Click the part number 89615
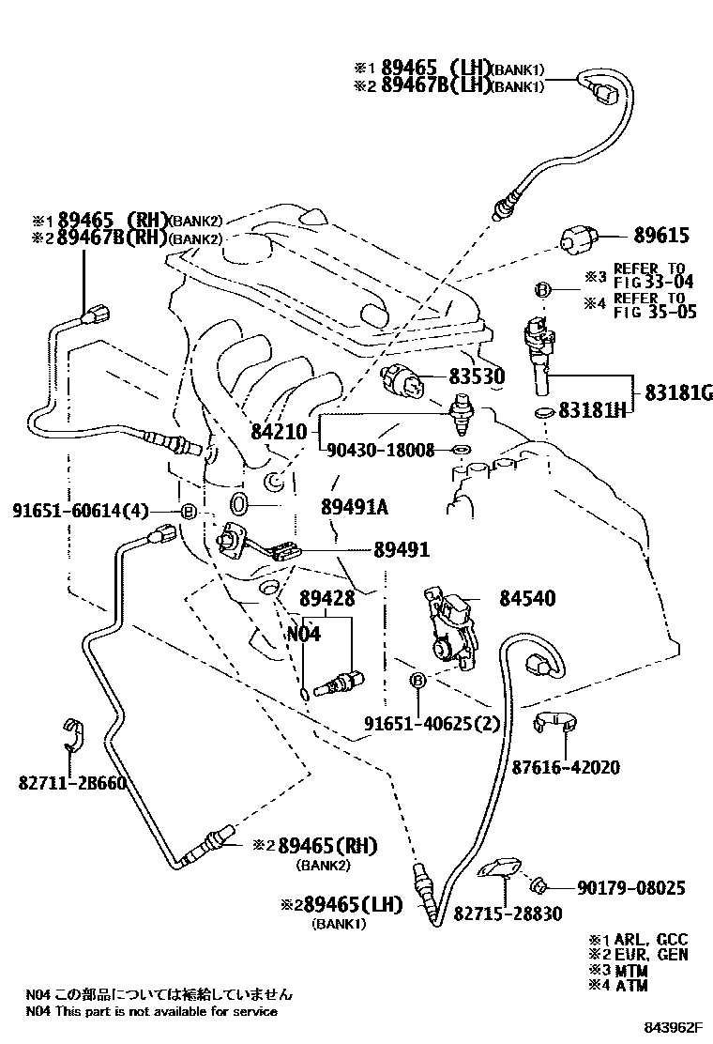click(x=662, y=238)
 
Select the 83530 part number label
click(x=476, y=377)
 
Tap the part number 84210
click(x=279, y=432)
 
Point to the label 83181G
click(x=677, y=392)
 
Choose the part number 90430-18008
click(x=381, y=451)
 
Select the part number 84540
click(x=526, y=597)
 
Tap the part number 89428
click(x=326, y=598)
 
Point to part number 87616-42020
click(x=566, y=767)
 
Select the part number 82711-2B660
click(x=70, y=782)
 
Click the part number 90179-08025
click(x=630, y=887)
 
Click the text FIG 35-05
click(x=655, y=313)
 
